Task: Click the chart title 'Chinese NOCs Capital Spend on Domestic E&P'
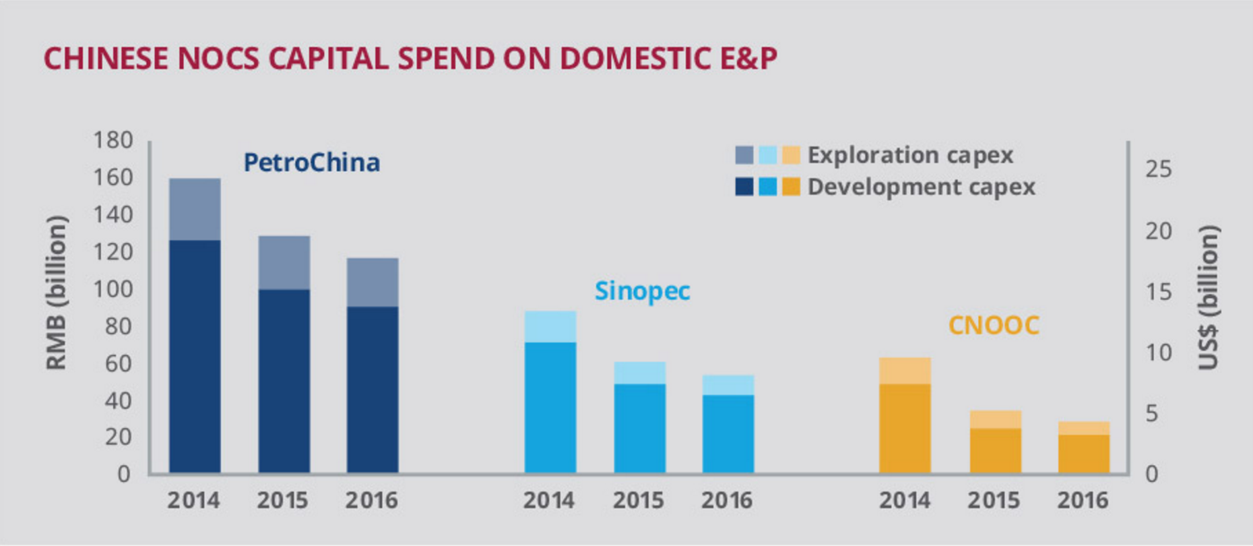click(x=410, y=59)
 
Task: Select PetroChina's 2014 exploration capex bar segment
click(x=195, y=209)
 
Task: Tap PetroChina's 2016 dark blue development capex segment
click(x=373, y=390)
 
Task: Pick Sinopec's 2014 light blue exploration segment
click(x=550, y=326)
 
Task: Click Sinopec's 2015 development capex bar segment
click(x=639, y=428)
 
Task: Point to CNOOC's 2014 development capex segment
click(x=905, y=428)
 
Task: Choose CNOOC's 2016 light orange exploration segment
click(x=1083, y=428)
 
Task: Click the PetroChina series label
click(x=312, y=162)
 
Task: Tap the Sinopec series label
click(x=642, y=291)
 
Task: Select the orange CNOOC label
click(x=994, y=326)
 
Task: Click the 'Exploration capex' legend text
click(x=910, y=155)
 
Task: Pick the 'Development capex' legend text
click(x=921, y=187)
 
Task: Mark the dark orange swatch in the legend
click(x=791, y=187)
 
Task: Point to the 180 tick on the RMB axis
click(x=113, y=140)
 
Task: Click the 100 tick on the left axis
click(x=113, y=289)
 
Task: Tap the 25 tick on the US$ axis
click(x=1158, y=169)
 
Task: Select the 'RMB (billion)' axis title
click(x=57, y=293)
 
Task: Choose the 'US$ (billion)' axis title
click(x=1209, y=297)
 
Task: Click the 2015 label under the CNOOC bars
click(x=994, y=500)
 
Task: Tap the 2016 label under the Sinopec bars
click(x=727, y=500)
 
